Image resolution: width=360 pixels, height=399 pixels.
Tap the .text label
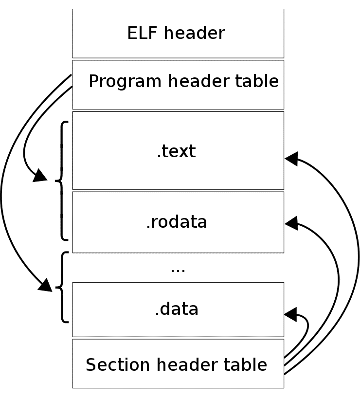(176, 151)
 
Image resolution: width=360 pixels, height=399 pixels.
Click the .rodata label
(177, 222)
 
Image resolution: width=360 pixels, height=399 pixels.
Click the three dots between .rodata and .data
(178, 268)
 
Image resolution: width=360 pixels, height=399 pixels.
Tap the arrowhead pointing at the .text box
(291, 158)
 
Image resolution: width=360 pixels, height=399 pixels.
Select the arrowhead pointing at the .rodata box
(291, 223)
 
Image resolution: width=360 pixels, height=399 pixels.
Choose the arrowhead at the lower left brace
(45, 285)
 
